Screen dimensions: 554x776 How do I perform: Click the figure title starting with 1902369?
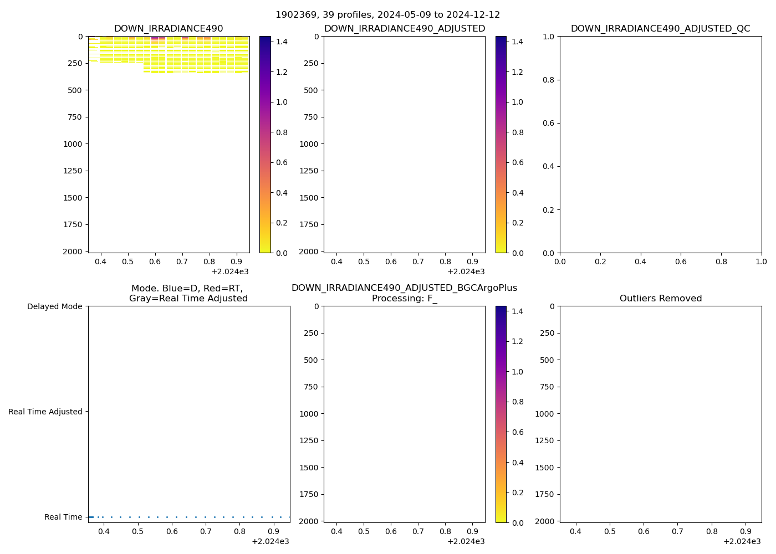tap(387, 15)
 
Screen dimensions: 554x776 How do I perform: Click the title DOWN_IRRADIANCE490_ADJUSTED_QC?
tap(660, 29)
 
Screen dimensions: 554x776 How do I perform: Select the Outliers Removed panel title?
tap(660, 299)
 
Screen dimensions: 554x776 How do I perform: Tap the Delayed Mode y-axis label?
tap(54, 306)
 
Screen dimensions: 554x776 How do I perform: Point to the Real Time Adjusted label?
tap(45, 412)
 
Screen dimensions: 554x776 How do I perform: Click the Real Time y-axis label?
tap(63, 517)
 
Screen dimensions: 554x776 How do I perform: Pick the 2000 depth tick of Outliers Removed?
tap(545, 521)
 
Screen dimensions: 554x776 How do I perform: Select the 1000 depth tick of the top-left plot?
tap(73, 144)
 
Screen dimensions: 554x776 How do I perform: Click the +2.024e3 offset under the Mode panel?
tap(270, 541)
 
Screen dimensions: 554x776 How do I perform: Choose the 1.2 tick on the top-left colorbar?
tap(282, 72)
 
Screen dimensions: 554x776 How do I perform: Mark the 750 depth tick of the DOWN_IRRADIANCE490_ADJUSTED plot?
tap(310, 117)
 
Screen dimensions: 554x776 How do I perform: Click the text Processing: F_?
tap(404, 299)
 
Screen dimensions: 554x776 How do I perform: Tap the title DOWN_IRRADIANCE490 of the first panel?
tap(169, 29)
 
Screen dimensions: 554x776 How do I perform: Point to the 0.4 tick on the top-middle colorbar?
tap(517, 193)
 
